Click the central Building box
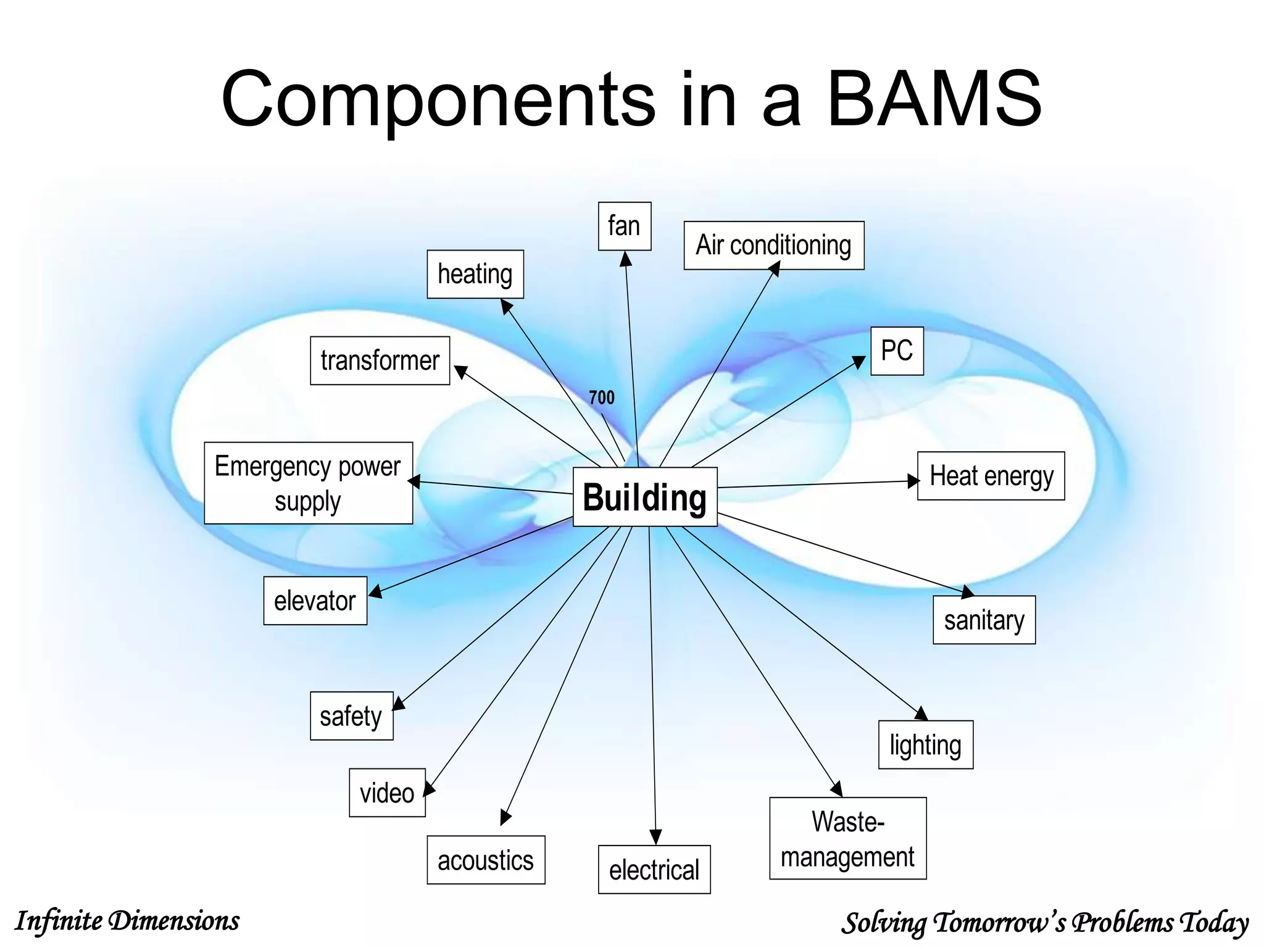tap(645, 497)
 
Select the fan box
tap(624, 226)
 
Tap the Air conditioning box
tap(773, 245)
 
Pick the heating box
tap(475, 274)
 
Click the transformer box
tap(380, 360)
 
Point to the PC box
tap(897, 351)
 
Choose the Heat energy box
tap(991, 476)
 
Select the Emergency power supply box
tap(308, 483)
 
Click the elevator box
tap(315, 601)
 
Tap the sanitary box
tap(984, 620)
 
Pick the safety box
tap(351, 716)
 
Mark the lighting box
tap(925, 744)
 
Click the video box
tap(387, 792)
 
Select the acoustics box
tap(486, 860)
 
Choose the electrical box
tap(654, 870)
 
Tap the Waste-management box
tap(847, 838)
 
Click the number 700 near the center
tap(602, 397)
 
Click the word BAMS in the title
tap(934, 99)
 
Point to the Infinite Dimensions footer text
tap(127, 921)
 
